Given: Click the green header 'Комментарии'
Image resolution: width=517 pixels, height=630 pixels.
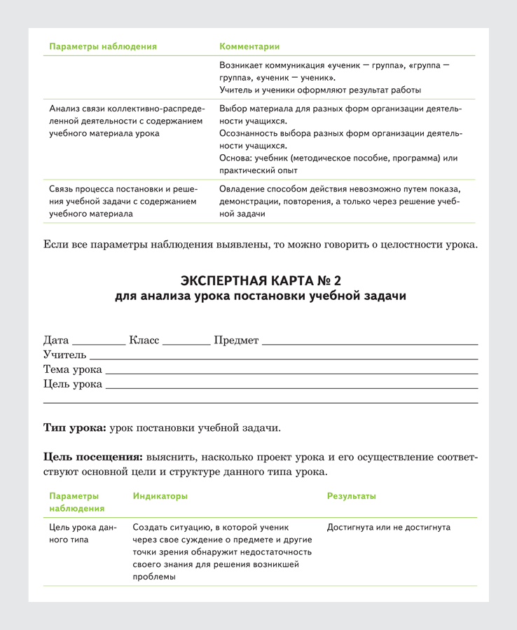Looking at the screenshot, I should [x=249, y=47].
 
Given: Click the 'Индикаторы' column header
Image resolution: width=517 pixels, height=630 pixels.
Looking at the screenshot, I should [x=160, y=496].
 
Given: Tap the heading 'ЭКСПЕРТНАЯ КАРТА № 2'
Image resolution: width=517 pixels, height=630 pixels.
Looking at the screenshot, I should [x=261, y=281].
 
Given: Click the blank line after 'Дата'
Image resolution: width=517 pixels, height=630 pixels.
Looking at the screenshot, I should [x=98, y=343].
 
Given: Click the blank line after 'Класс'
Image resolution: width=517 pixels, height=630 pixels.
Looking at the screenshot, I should [x=186, y=343].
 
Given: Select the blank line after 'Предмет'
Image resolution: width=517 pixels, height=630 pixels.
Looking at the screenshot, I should [x=369, y=343].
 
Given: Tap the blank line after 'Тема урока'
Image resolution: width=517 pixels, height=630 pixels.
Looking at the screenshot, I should [x=291, y=371].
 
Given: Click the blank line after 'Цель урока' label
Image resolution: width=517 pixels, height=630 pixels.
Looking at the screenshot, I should [x=291, y=386].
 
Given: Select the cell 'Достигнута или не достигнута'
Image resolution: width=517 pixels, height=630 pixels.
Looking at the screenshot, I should [x=389, y=528].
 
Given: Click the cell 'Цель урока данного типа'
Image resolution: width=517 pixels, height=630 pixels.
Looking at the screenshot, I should [x=83, y=533].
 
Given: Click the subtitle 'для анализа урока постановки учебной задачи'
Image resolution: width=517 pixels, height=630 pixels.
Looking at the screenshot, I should [x=261, y=296].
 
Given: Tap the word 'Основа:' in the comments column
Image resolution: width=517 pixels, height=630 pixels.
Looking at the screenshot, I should [x=236, y=158].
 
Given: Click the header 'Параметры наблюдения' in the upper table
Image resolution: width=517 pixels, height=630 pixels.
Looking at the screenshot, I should [x=103, y=47].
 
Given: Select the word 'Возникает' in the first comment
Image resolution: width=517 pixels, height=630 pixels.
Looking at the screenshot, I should [x=242, y=65].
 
